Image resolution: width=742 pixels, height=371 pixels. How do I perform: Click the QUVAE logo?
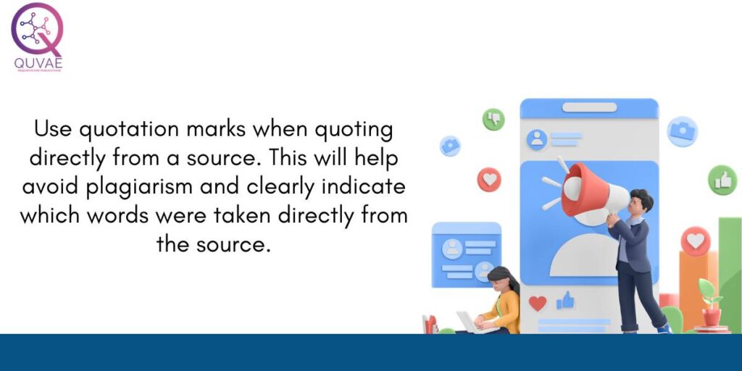coord(37,37)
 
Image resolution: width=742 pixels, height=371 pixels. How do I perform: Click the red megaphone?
coord(587,188)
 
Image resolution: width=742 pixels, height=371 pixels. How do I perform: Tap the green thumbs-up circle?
coord(722,180)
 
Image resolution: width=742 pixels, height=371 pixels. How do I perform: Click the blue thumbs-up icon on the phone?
coord(564,301)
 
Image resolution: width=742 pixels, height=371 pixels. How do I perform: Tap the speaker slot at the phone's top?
coord(589,107)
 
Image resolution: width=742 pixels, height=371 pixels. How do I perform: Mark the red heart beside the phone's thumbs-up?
coord(538,303)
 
